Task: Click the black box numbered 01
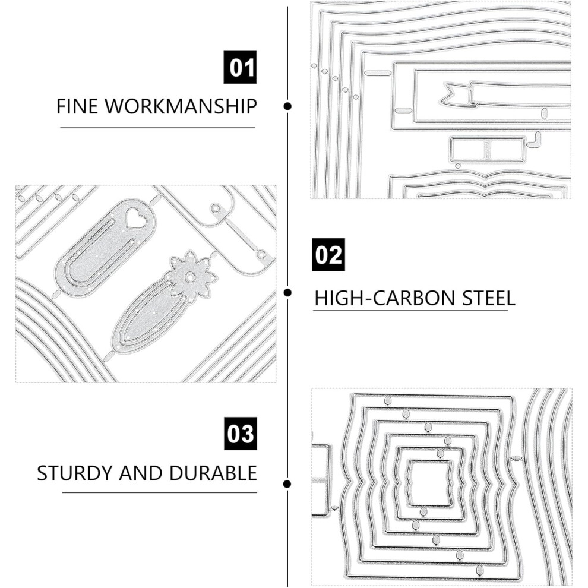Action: click(x=240, y=67)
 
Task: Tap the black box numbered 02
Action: click(x=328, y=255)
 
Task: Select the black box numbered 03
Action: click(x=241, y=434)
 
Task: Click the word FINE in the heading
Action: click(x=77, y=106)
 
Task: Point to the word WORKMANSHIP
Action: click(x=181, y=106)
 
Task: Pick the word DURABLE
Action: click(x=213, y=473)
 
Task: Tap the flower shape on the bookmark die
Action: click(x=191, y=276)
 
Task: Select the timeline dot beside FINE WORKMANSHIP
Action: click(x=287, y=106)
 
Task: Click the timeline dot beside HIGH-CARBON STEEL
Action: click(x=287, y=292)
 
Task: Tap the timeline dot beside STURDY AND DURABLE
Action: click(x=287, y=484)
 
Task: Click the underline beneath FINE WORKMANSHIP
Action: click(x=157, y=128)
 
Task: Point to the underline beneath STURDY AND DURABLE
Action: click(x=160, y=492)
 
